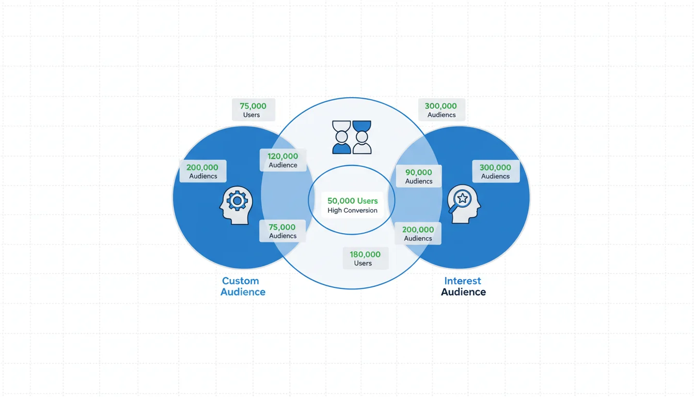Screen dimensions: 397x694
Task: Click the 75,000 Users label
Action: click(x=253, y=110)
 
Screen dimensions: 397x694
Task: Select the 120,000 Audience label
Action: click(x=283, y=160)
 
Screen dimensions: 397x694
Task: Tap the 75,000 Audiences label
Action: click(x=282, y=231)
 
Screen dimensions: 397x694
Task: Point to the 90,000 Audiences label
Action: click(x=418, y=176)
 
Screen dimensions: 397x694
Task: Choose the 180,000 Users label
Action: click(x=365, y=258)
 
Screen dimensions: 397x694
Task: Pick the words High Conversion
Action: click(x=352, y=210)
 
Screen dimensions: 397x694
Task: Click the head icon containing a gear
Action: click(x=236, y=205)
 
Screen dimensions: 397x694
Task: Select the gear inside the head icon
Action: click(x=238, y=200)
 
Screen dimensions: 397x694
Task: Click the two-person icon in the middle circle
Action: click(x=352, y=138)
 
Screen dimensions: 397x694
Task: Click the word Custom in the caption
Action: click(x=240, y=281)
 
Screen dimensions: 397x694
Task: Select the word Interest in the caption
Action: click(x=463, y=281)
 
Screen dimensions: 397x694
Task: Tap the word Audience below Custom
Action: click(x=243, y=292)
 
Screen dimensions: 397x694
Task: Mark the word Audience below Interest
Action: click(x=463, y=292)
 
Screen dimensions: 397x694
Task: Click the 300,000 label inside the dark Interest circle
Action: click(x=495, y=171)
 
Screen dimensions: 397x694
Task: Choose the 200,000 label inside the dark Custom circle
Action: click(x=202, y=171)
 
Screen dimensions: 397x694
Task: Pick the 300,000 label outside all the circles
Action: click(x=441, y=110)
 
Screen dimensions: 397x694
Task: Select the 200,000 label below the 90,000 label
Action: click(x=418, y=234)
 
